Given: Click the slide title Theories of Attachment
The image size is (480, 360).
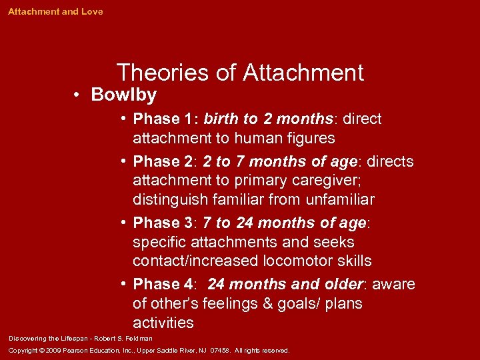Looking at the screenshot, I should click(x=240, y=72).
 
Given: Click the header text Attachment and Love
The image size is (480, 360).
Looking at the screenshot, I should click(x=55, y=12).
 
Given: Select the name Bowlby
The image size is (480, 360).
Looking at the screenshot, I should click(x=124, y=95).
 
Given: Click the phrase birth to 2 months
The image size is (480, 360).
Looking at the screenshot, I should click(x=268, y=119).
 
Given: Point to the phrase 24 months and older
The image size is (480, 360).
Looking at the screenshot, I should click(x=285, y=285).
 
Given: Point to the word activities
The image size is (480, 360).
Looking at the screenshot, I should click(x=163, y=323).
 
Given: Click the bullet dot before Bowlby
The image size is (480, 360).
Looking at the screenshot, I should click(x=78, y=95).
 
